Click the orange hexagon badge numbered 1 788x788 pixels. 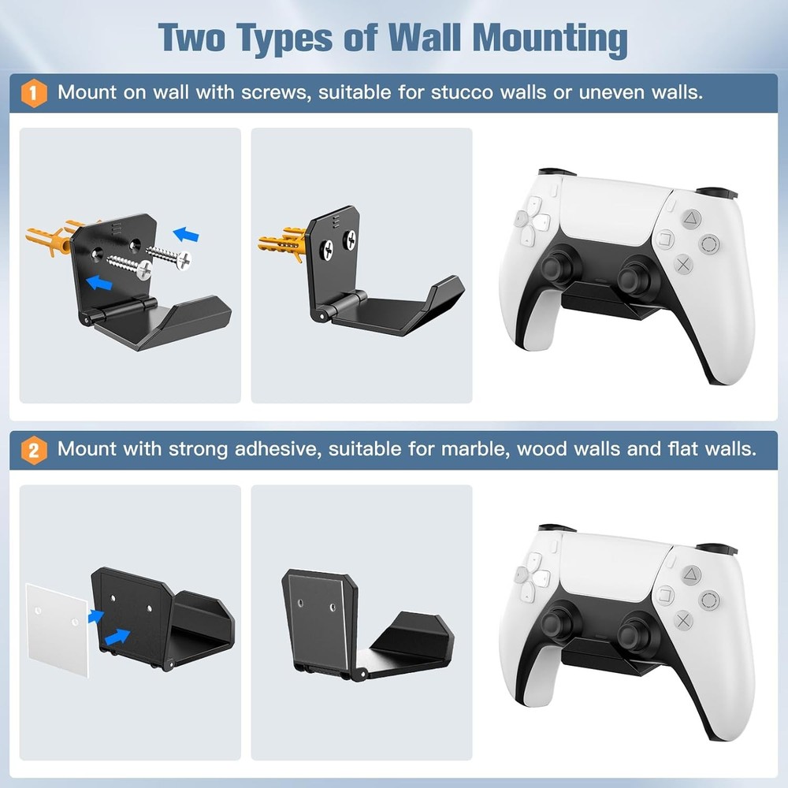pyautogui.click(x=32, y=93)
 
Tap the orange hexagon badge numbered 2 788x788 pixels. pyautogui.click(x=32, y=450)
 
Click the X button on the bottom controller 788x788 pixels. pyautogui.click(x=684, y=619)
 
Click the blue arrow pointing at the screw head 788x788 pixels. pyautogui.click(x=186, y=234)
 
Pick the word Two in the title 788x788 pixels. pyautogui.click(x=191, y=37)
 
